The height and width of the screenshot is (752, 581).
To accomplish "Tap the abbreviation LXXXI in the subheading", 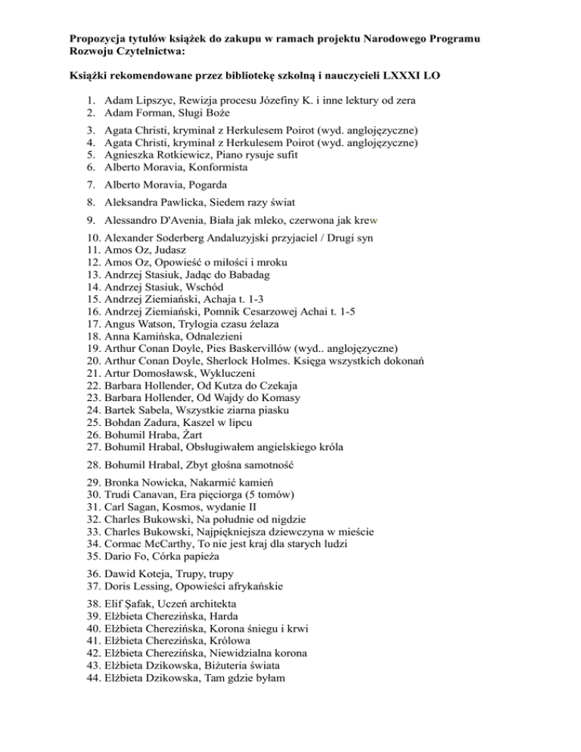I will pos(395,76).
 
